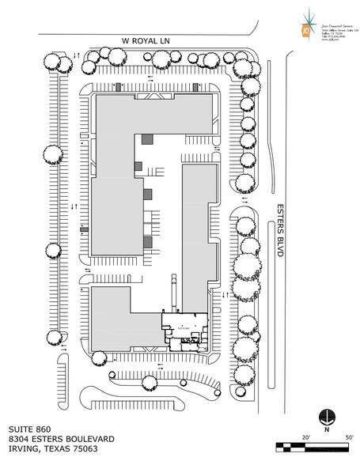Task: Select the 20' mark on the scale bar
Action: [306, 436]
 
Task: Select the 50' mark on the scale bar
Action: [349, 436]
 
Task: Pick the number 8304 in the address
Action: [17, 438]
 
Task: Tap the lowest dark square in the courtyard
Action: [147, 240]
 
